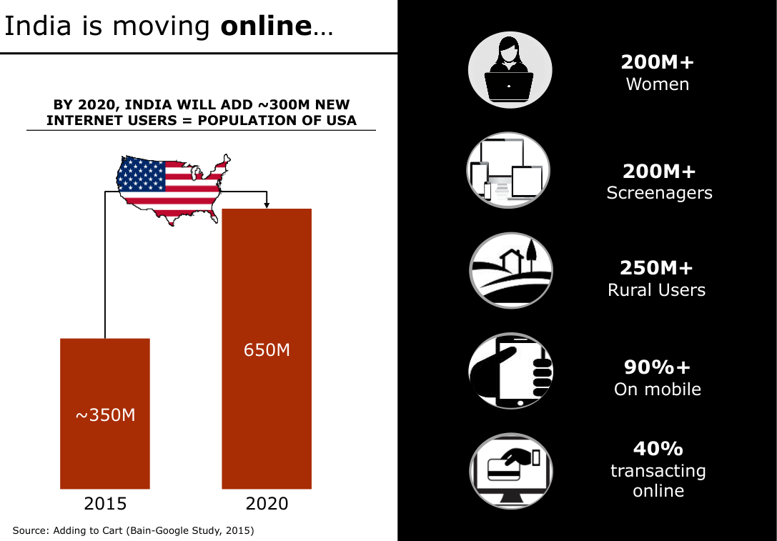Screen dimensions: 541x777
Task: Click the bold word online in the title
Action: (266, 26)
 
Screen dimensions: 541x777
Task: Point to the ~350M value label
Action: (105, 415)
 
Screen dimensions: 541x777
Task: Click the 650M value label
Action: (267, 350)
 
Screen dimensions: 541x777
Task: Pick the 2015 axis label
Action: (105, 504)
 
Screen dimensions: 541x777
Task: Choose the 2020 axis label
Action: (267, 504)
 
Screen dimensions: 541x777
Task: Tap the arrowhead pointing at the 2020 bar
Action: (267, 205)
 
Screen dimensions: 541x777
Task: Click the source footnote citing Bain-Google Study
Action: (133, 530)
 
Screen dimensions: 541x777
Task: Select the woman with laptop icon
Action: (510, 70)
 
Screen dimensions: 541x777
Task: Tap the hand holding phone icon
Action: (510, 371)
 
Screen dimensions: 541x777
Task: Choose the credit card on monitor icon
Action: (510, 470)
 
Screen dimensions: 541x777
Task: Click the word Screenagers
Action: (659, 193)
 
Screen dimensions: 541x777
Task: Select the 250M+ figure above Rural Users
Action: (656, 268)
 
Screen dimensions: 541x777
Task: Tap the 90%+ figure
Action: (657, 367)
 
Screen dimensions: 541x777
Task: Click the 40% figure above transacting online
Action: (658, 449)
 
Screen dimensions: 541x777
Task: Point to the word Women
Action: (657, 84)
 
